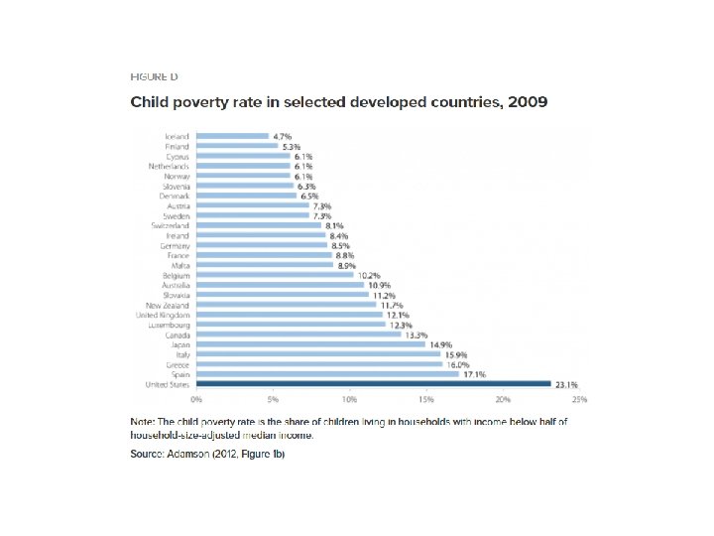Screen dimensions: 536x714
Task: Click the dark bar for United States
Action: [x=373, y=383]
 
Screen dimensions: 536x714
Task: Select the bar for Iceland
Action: [x=232, y=136]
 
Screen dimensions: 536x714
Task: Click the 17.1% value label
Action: [x=474, y=374]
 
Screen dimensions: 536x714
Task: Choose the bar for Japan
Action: [x=310, y=344]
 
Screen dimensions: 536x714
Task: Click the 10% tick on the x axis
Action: [x=349, y=399]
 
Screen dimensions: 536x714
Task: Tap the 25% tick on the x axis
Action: [x=580, y=399]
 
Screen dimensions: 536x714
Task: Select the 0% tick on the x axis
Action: [x=196, y=399]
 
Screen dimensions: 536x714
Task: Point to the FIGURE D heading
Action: [x=155, y=76]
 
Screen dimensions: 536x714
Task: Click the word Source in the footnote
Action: [x=148, y=454]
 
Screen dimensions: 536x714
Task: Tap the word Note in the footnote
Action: [x=143, y=422]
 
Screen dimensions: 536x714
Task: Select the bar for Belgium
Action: [x=275, y=275]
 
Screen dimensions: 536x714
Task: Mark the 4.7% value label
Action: [x=283, y=136]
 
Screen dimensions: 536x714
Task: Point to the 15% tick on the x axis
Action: [x=426, y=399]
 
